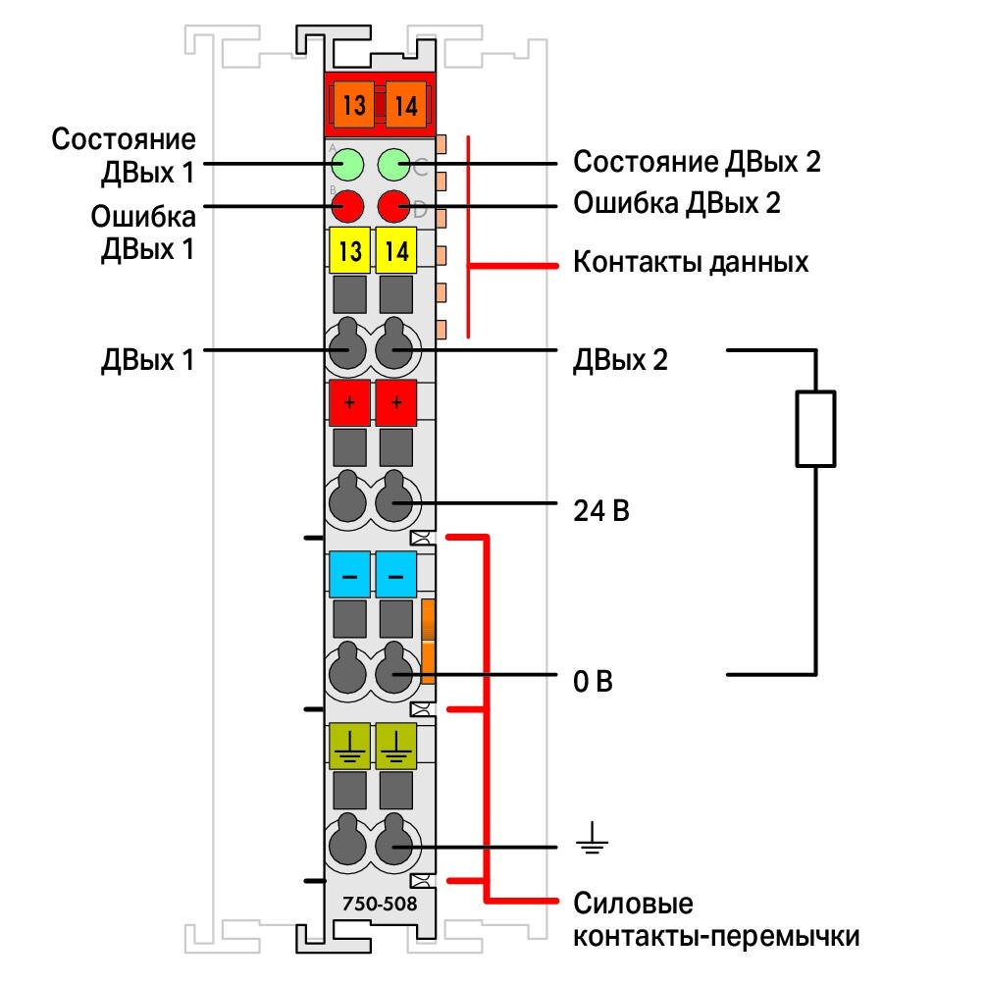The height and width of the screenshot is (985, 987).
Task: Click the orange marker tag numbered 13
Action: (x=354, y=105)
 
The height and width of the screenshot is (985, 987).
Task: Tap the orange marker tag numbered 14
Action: (x=405, y=105)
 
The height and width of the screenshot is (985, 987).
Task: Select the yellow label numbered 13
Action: (x=349, y=250)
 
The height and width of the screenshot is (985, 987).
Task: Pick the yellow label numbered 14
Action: (x=396, y=250)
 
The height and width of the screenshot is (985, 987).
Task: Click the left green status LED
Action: (x=347, y=164)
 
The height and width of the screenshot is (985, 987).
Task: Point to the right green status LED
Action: (x=394, y=164)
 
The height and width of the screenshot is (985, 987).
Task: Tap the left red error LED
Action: (x=347, y=206)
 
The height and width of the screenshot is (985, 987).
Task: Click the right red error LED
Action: (x=394, y=206)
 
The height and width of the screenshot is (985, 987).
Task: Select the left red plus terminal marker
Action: (x=349, y=402)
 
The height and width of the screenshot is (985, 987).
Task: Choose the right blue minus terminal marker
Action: (x=396, y=575)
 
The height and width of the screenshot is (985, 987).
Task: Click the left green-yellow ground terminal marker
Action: (x=349, y=746)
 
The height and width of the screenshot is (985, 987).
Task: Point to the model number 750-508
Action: (x=380, y=904)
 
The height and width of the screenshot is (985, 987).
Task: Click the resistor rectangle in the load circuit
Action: (x=815, y=429)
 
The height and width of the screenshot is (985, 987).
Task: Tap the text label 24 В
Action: (x=601, y=510)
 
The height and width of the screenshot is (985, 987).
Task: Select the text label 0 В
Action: (x=593, y=681)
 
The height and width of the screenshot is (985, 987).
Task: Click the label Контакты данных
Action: (x=691, y=262)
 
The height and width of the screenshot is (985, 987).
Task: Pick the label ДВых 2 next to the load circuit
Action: (x=620, y=360)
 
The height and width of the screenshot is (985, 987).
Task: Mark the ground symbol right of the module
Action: (x=592, y=838)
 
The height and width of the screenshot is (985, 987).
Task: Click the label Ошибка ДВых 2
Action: (x=677, y=203)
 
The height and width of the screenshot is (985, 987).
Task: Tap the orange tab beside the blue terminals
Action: (x=428, y=641)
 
